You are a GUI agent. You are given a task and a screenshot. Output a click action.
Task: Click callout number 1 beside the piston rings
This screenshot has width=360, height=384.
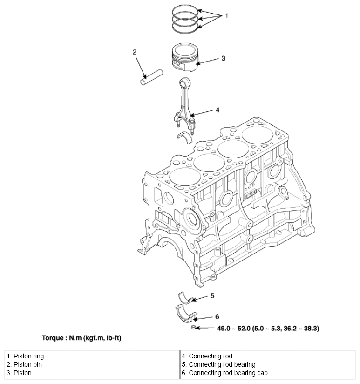pos(226,16)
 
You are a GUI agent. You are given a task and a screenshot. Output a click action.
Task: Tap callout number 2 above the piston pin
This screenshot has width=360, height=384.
pos(134,52)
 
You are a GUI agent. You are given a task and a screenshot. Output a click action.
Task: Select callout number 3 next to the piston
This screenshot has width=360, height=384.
pos(223,59)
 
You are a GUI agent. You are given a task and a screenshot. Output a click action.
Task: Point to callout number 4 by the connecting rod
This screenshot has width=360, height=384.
pos(217,110)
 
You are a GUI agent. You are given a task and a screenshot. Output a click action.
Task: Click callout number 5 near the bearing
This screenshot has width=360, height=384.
pos(212,296)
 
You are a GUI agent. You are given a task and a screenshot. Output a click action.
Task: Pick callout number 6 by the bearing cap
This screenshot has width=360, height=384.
pos(217,317)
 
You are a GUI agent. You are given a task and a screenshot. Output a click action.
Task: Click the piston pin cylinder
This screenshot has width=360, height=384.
pos(152,77)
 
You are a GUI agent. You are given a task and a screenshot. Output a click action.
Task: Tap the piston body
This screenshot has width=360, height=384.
pos(185,57)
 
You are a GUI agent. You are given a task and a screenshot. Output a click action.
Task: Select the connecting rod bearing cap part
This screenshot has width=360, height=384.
pos(186,314)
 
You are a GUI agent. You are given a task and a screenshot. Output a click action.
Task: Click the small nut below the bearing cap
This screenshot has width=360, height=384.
pos(193,328)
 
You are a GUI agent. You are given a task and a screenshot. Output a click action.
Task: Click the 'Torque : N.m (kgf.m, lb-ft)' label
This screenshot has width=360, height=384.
pos(82,338)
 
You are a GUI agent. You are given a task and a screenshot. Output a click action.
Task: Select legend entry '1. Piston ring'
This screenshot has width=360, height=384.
pos(25,356)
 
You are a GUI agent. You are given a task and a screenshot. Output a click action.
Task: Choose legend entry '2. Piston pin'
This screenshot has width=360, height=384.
pos(24,364)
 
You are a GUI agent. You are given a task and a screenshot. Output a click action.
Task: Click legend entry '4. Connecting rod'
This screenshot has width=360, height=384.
pos(207,356)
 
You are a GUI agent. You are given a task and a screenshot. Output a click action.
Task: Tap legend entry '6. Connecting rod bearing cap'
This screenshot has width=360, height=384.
pos(224,373)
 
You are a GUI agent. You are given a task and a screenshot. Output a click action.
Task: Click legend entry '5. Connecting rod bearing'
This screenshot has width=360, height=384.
pos(218,364)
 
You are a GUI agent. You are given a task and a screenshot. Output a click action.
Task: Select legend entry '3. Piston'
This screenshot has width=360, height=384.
pos(19,373)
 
